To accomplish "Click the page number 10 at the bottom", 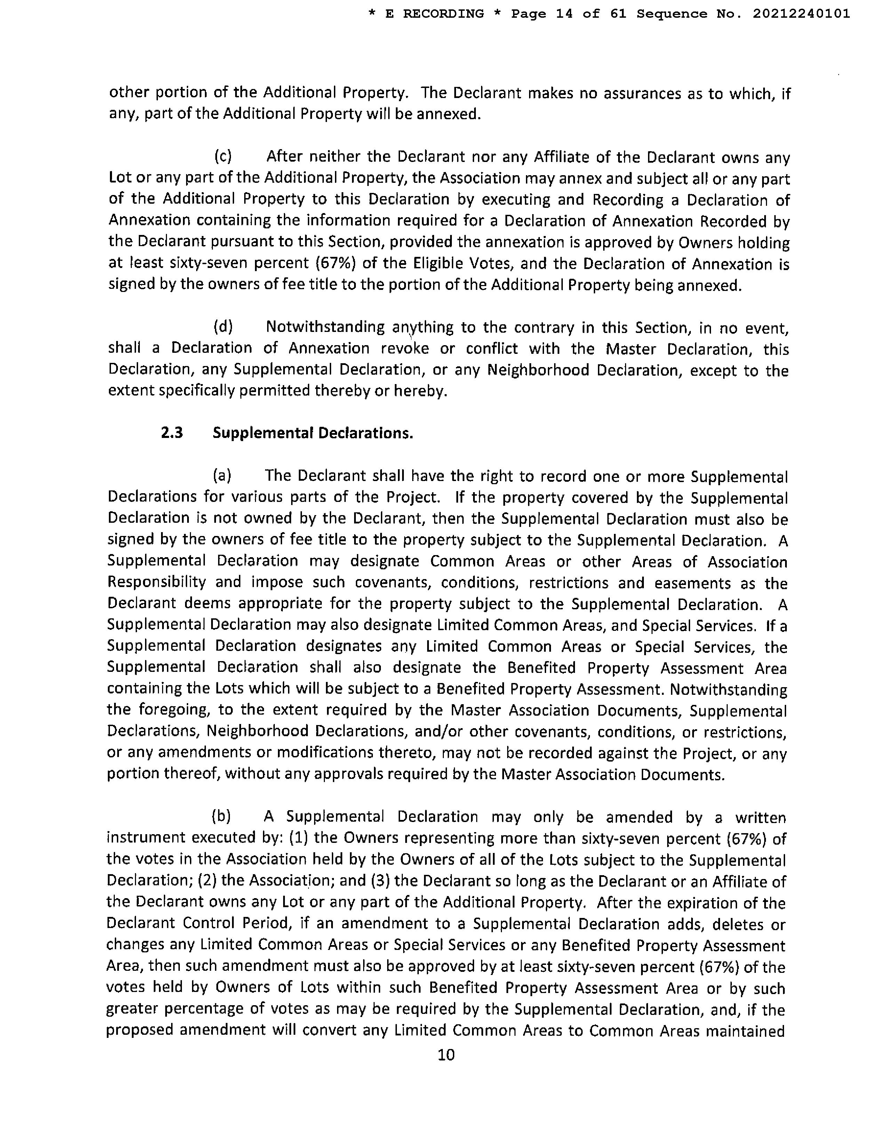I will tap(446, 1055).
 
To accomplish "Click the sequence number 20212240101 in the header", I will tap(801, 14).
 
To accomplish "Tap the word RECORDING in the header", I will tap(443, 14).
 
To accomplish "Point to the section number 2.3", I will tap(172, 433).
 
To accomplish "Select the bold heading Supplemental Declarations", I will tap(313, 433).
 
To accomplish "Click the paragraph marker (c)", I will tap(223, 156).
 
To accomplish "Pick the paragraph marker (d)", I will tap(223, 327).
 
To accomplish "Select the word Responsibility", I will tap(157, 583).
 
